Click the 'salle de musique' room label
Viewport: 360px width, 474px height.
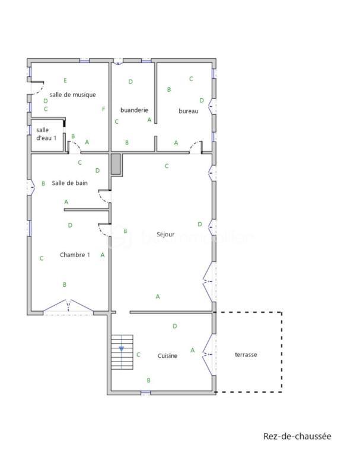(73, 95)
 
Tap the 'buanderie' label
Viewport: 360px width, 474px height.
(133, 110)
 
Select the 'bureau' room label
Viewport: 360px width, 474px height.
(188, 111)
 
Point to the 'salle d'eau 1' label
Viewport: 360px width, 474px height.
(46, 134)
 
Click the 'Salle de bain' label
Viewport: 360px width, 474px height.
(70, 183)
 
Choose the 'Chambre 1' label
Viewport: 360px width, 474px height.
(75, 255)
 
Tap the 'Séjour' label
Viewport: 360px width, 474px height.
(165, 235)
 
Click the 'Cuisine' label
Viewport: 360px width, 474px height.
(167, 355)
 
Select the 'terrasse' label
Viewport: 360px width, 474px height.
(246, 354)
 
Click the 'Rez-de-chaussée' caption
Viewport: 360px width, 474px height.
(297, 437)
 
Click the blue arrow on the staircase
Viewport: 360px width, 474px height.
(122, 348)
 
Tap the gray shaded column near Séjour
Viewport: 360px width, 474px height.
(116, 164)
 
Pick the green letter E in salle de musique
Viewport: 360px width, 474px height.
(65, 81)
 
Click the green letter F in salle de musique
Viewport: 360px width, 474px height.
(103, 109)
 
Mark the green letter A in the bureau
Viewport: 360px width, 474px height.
(176, 143)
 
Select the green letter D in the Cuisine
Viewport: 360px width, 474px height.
(174, 326)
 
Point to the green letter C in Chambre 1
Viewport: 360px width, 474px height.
(42, 258)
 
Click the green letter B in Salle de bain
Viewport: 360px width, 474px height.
(43, 184)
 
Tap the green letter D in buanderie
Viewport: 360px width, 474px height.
(130, 82)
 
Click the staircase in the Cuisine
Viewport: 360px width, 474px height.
(122, 353)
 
